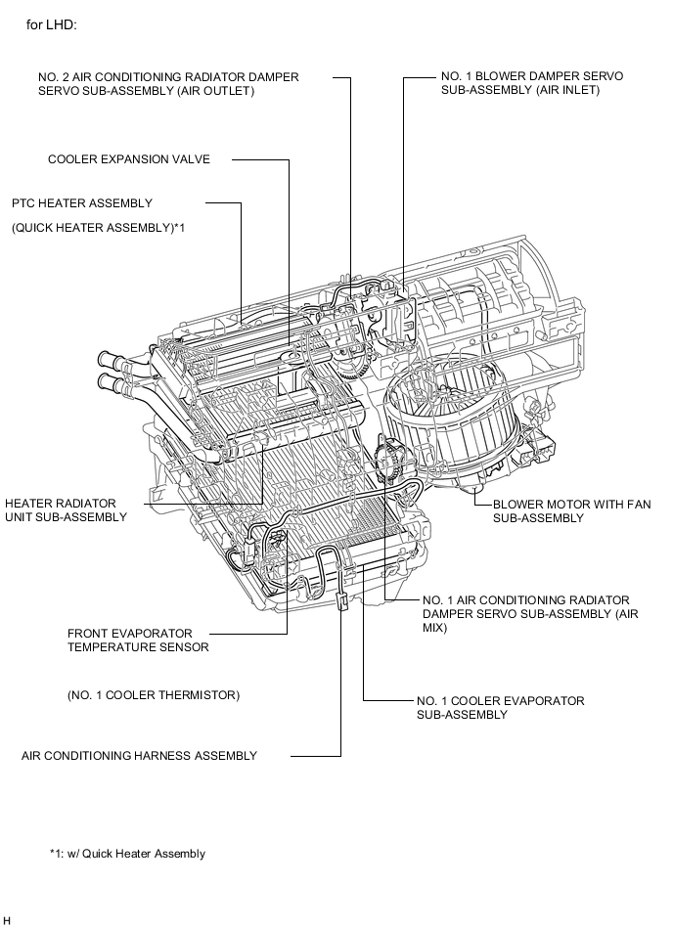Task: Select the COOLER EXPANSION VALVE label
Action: (129, 159)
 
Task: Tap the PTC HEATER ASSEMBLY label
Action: (82, 203)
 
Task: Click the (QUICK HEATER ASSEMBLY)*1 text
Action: (99, 227)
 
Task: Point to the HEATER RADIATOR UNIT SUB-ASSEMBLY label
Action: (66, 509)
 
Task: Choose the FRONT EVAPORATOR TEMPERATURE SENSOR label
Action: (138, 640)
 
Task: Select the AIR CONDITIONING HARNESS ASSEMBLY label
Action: (140, 756)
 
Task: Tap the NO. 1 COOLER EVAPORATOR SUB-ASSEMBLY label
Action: (500, 708)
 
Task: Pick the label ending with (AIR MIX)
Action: (525, 614)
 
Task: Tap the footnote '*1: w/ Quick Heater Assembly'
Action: (128, 854)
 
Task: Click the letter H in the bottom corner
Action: (8, 920)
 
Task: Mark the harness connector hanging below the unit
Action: (343, 600)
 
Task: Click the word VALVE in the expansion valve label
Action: (191, 159)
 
